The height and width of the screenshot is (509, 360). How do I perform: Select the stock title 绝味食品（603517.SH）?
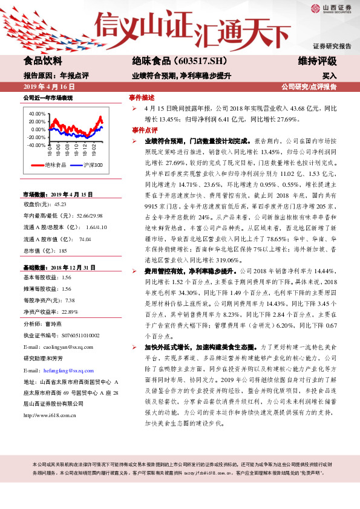(x=172, y=61)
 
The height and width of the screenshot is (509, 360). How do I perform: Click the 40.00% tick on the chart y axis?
(x=37, y=114)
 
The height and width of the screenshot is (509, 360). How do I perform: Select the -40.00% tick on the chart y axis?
(x=36, y=145)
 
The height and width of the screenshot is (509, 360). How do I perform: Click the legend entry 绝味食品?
(x=56, y=165)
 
